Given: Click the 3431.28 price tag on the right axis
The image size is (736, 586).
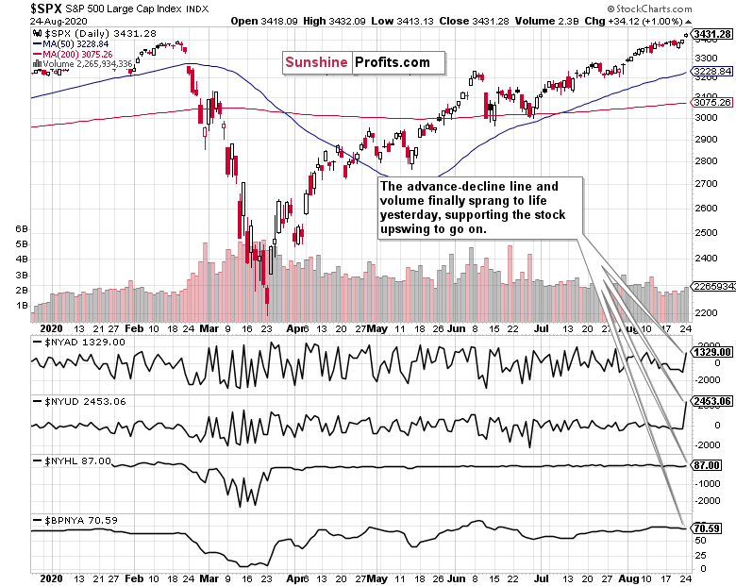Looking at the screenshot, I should click(x=712, y=35).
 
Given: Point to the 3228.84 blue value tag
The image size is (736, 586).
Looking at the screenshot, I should click(x=712, y=72).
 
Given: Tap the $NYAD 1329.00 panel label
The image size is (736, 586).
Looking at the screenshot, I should click(x=80, y=342).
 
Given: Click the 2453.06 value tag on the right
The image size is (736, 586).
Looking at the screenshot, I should click(x=712, y=401).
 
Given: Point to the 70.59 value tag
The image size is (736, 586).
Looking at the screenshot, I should click(x=709, y=528).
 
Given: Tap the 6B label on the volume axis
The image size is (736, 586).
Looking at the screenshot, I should click(x=20, y=229).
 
